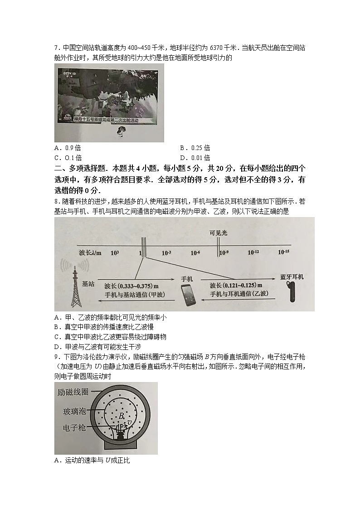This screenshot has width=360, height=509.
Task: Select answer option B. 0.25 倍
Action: (x=195, y=148)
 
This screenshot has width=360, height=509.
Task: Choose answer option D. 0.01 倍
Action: (x=195, y=158)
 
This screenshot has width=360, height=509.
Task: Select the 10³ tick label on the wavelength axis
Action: (x=115, y=252)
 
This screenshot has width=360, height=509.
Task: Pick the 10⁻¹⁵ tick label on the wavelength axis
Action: (x=284, y=252)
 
